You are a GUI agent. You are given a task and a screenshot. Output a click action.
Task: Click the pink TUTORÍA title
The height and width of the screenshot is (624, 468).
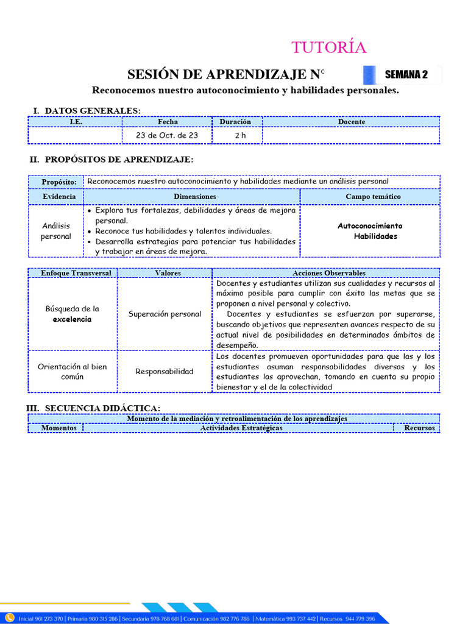pos(328,48)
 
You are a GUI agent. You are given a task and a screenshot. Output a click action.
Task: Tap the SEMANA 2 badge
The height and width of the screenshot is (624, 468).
pos(406,75)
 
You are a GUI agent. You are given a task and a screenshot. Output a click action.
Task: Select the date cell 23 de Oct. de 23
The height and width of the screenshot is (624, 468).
pos(167,135)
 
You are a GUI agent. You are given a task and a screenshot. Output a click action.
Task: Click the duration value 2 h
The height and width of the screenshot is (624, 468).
pos(240,135)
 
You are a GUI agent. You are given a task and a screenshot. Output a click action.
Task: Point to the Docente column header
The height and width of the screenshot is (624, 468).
pos(352,122)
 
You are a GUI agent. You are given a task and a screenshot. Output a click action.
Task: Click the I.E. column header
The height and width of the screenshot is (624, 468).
pos(76,122)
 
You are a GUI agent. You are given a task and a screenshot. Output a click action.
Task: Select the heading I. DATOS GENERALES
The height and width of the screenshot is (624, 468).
pos(87,110)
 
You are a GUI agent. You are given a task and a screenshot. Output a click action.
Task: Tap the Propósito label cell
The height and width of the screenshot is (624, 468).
pos(59,182)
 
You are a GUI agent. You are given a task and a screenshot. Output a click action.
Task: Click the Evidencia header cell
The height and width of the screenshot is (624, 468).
pos(59,197)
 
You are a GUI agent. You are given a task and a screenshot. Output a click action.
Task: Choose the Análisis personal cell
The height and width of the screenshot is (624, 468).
pos(56,231)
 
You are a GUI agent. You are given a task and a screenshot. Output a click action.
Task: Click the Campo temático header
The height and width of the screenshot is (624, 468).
pos(373,197)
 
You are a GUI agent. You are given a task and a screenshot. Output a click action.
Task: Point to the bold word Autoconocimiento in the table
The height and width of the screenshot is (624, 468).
pos(370,226)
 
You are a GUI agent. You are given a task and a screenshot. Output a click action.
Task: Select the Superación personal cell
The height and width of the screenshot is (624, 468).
pos(165,314)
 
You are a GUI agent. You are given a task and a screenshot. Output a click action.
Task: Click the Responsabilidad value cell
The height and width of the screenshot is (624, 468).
pos(165,371)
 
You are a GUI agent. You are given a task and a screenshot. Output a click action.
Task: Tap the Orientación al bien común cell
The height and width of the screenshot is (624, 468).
pos(72,371)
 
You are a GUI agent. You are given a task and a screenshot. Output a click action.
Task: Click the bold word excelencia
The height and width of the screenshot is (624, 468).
pos(72,319)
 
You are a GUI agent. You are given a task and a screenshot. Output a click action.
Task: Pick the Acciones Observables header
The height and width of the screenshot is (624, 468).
pos(328,273)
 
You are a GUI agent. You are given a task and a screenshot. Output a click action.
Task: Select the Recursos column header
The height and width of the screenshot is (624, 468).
pos(419,428)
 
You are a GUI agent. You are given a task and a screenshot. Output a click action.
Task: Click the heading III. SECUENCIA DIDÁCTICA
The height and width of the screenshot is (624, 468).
pos(93,408)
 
